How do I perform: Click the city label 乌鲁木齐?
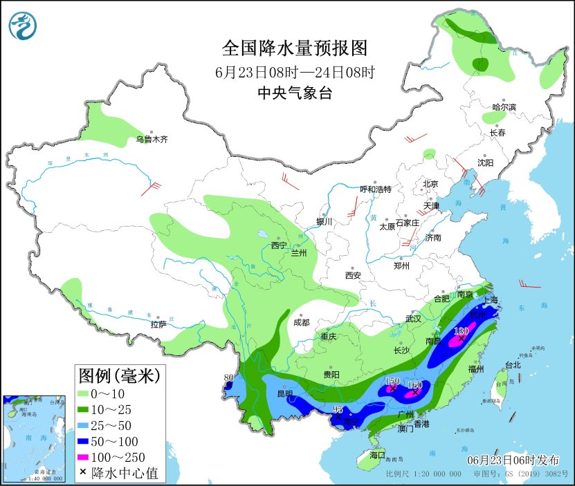click(x=152, y=139)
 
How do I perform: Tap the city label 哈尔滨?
click(x=504, y=106)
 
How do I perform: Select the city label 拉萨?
click(x=158, y=324)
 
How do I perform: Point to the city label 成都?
click(x=301, y=322)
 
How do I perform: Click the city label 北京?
click(x=430, y=184)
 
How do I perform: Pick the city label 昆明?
click(x=285, y=393)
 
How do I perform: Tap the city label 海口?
click(x=376, y=455)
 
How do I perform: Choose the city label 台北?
click(x=512, y=365)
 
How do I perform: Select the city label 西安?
click(x=353, y=275)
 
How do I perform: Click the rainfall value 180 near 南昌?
click(x=461, y=331)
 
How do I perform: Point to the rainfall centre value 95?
click(x=338, y=410)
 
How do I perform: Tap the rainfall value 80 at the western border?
click(x=228, y=377)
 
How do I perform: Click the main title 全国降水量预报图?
click(x=294, y=48)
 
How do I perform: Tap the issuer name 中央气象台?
click(x=294, y=93)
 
